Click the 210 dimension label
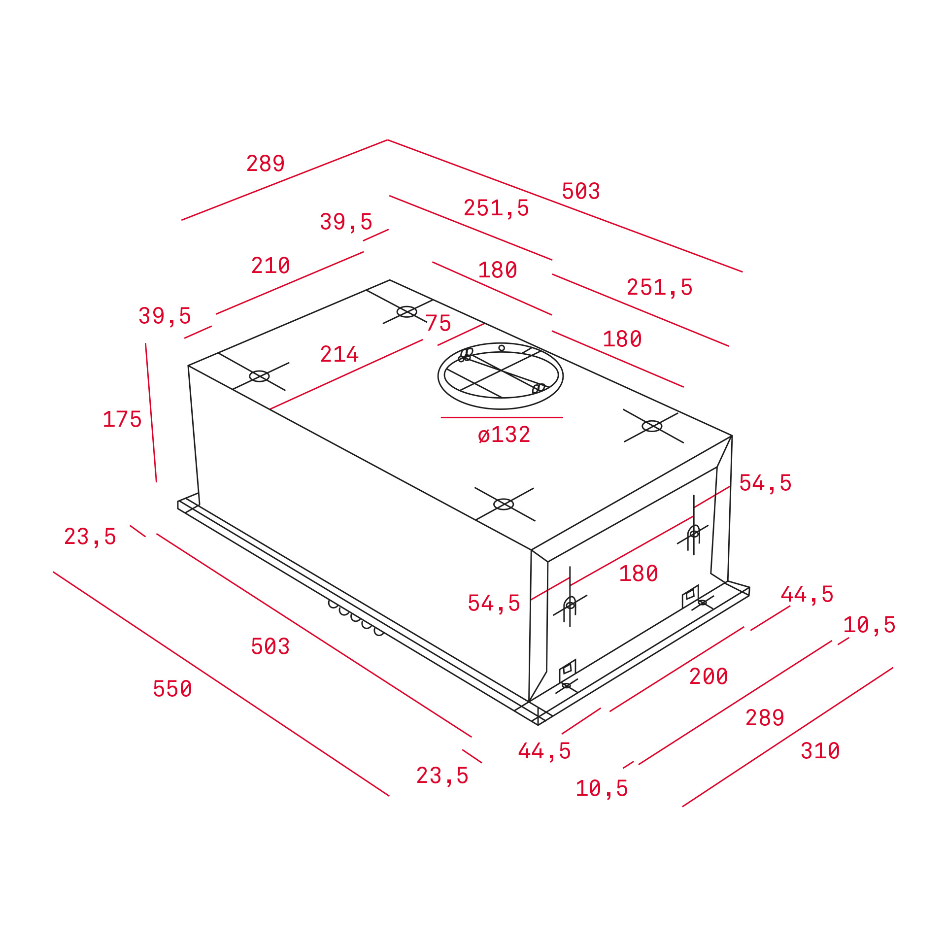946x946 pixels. point(270,266)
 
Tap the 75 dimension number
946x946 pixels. point(439,324)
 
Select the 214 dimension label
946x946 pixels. point(339,354)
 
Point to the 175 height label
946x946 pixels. point(122,419)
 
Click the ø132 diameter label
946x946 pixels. point(504,435)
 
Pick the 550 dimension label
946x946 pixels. point(172,689)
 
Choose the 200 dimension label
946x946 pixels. point(709,676)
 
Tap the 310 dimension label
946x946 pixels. point(820,751)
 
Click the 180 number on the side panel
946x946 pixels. point(639,574)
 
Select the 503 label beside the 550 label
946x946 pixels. point(270,646)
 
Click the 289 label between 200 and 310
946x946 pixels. point(765,718)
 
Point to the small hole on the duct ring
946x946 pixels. point(502,348)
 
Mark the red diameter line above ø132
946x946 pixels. point(502,417)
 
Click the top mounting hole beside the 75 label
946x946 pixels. point(407,312)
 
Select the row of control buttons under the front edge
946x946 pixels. point(356,618)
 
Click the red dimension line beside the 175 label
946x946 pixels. point(151,412)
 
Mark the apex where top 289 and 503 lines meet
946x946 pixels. point(388,140)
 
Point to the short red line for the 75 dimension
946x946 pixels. point(461,334)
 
